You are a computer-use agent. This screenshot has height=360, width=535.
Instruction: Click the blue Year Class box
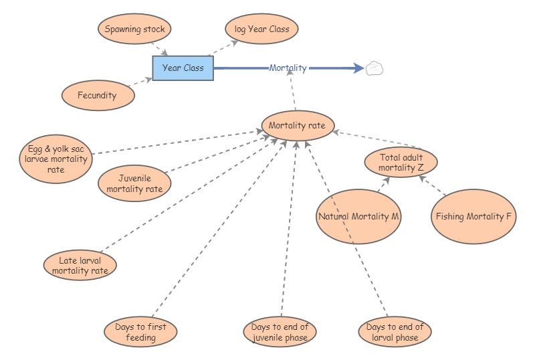tap(183, 68)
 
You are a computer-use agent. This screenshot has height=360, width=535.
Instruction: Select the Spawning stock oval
tap(135, 29)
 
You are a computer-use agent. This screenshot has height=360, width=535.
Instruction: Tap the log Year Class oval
tap(261, 29)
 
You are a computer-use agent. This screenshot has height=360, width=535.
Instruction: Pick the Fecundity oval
tap(98, 95)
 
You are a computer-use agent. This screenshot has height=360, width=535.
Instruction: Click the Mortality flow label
tap(288, 68)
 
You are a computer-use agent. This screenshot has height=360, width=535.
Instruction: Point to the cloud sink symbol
tap(374, 68)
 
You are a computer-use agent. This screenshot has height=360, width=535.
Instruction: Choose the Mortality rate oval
tap(297, 125)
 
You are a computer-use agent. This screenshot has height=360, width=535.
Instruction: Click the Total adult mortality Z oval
tap(401, 163)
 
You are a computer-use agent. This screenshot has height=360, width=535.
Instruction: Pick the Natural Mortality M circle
tap(358, 216)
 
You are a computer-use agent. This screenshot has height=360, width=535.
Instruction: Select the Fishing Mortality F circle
tap(473, 216)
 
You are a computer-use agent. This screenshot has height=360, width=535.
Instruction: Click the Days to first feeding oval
tap(140, 332)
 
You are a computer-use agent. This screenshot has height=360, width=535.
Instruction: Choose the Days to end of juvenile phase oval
tap(280, 332)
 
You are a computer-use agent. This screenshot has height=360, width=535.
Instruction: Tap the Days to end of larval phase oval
tap(395, 332)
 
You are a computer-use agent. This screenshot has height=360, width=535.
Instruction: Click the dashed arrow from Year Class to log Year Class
tap(223, 48)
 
